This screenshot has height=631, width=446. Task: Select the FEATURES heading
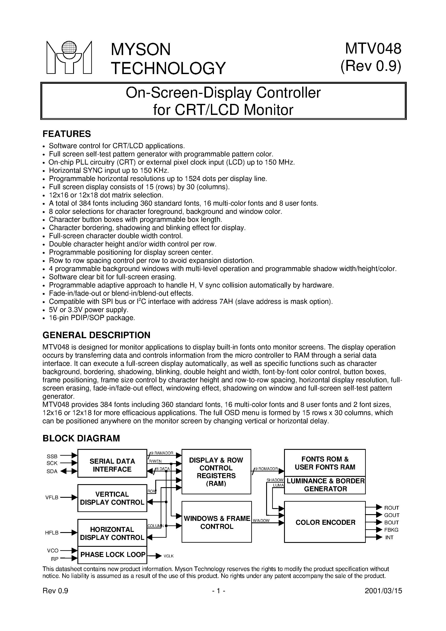tap(66, 134)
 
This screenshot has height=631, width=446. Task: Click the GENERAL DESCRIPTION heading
tap(96, 335)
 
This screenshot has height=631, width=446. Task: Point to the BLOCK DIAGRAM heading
tap(81, 438)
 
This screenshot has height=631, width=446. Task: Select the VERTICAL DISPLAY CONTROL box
tap(112, 498)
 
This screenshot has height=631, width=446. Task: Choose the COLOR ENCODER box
tap(325, 522)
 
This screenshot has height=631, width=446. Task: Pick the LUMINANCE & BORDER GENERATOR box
tap(325, 485)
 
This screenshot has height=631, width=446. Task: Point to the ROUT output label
tap(391, 508)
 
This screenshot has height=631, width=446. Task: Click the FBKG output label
tap(391, 530)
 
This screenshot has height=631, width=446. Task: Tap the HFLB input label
tap(52, 533)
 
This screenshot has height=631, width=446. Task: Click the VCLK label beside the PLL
tap(169, 556)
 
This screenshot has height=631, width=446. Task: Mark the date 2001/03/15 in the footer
tap(383, 591)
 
